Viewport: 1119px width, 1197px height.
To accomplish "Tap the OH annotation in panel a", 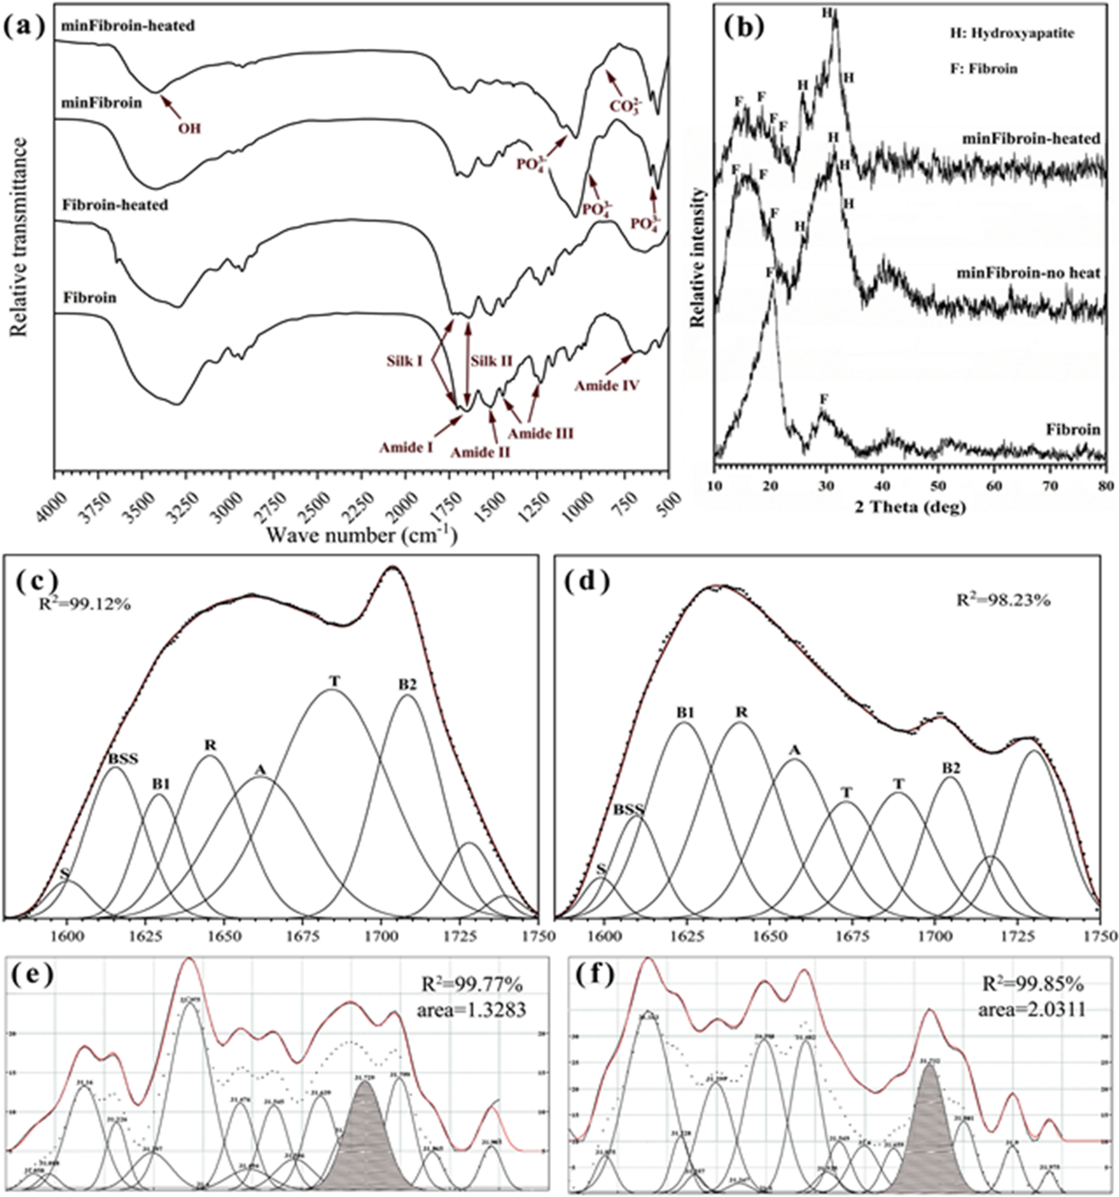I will pos(189,128).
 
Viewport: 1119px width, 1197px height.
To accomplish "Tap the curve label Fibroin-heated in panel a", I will pos(115,205).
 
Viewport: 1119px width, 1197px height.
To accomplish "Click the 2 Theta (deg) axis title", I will pos(910,507).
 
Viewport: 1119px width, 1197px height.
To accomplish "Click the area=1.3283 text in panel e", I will pos(471,1010).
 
